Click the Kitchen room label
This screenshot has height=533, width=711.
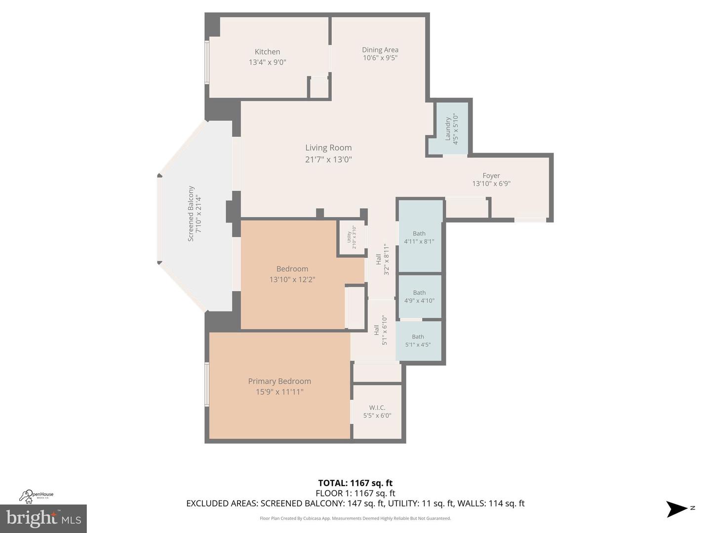(x=267, y=52)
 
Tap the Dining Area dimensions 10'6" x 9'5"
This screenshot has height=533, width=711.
(x=380, y=58)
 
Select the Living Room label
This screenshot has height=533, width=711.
(x=328, y=148)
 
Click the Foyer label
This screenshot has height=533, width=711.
(x=491, y=176)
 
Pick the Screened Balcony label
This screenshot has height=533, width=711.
(x=191, y=214)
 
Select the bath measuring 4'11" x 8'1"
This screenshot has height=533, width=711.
(x=419, y=237)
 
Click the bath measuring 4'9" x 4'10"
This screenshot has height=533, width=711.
(x=419, y=297)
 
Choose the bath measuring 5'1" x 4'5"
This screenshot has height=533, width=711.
(x=418, y=341)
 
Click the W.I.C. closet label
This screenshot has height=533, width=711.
(x=377, y=408)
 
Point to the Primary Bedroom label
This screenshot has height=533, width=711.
(x=279, y=381)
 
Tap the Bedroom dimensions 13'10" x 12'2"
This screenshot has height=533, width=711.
(x=292, y=279)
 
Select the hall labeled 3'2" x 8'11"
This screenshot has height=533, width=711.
(x=382, y=260)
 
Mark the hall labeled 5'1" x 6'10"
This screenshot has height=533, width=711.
(x=380, y=330)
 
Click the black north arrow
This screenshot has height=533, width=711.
(x=676, y=509)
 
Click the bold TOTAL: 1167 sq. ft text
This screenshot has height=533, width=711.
(x=355, y=483)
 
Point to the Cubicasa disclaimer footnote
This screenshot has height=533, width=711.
(x=355, y=518)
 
